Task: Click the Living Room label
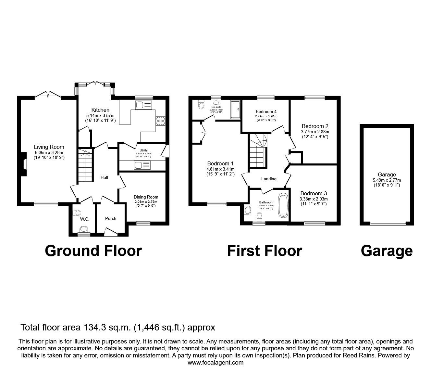[49, 147]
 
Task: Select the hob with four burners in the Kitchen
[160, 121]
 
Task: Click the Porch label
[111, 218]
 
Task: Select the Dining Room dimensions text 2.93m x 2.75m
[146, 202]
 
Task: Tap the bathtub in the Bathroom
[283, 205]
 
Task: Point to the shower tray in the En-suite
[235, 109]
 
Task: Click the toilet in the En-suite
[201, 105]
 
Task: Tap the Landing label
[269, 179]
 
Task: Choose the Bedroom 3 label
[311, 193]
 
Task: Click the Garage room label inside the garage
[387, 175]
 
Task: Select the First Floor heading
[265, 251]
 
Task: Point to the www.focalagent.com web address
[215, 362]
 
